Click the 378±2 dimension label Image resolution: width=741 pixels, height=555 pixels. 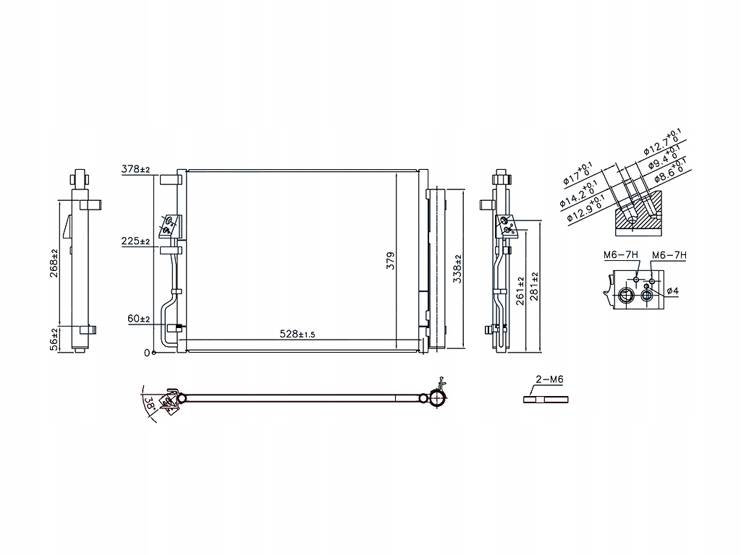click(135, 169)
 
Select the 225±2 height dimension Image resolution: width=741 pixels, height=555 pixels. click(135, 241)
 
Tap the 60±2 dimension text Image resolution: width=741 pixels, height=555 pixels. click(137, 319)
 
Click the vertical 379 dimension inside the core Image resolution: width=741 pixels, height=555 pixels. click(391, 262)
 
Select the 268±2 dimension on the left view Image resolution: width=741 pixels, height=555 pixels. click(54, 262)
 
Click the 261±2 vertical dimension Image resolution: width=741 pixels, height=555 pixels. click(520, 291)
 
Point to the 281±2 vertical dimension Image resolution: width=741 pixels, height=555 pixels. click(535, 287)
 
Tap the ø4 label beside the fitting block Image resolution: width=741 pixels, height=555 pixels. click(672, 291)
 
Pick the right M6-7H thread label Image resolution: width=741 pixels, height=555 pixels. click(669, 255)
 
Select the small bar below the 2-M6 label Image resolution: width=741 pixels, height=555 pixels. click(546, 399)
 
